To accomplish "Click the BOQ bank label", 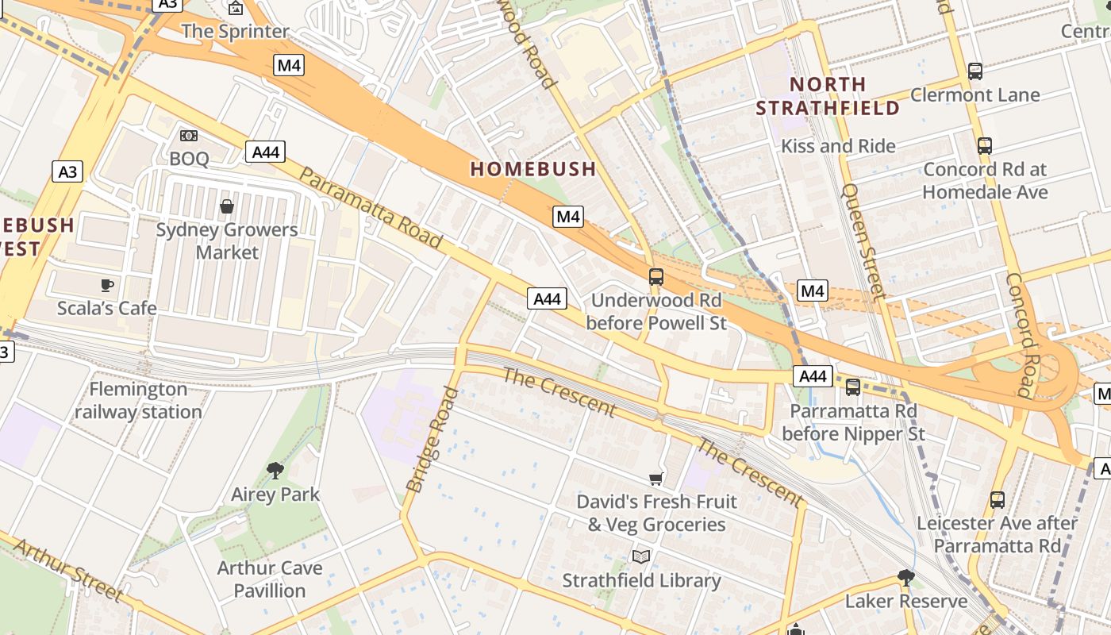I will (x=189, y=159).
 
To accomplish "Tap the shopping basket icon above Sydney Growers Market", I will (x=227, y=207).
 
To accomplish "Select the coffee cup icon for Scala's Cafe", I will (x=107, y=285).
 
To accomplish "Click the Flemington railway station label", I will (x=138, y=401).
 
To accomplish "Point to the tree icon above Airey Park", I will (x=275, y=471).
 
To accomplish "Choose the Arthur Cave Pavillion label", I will (x=270, y=579).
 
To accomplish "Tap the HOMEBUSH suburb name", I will (x=532, y=169).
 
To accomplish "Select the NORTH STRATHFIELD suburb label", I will (x=828, y=96).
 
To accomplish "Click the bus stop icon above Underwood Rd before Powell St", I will (x=656, y=277).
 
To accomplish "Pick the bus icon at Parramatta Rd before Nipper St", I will (x=853, y=387).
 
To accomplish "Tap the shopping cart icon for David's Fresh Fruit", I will (x=656, y=478).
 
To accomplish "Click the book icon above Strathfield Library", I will (x=641, y=556).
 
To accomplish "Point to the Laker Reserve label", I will (x=906, y=601).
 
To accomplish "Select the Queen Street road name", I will (x=863, y=242).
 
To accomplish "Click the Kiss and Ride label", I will (x=838, y=146).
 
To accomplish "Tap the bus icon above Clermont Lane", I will (x=975, y=71).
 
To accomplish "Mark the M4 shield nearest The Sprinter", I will (x=289, y=65).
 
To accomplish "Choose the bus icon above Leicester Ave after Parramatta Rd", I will (x=998, y=500).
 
